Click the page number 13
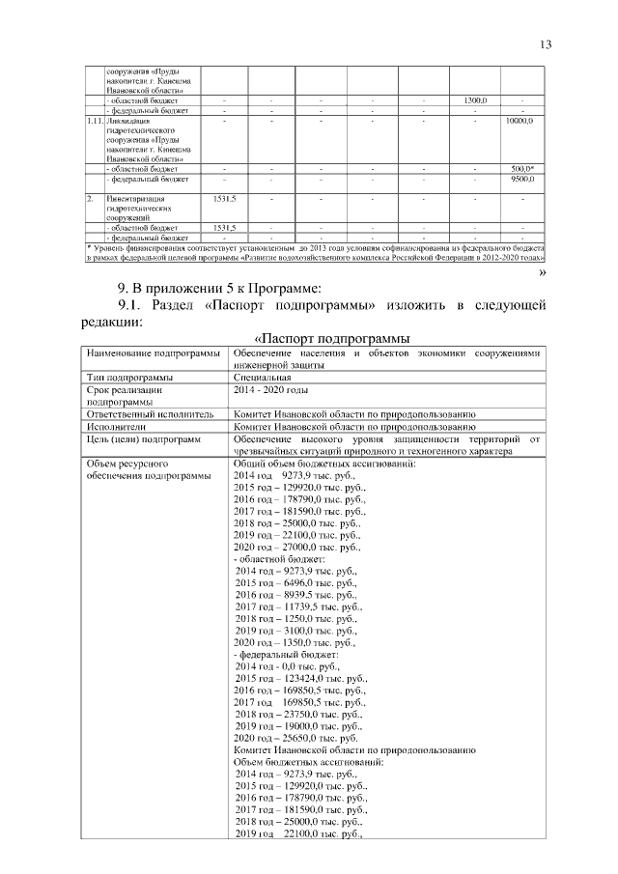[546, 44]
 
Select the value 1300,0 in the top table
[475, 100]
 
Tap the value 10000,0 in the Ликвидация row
[521, 122]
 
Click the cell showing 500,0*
[522, 169]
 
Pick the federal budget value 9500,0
[522, 179]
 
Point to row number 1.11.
[93, 122]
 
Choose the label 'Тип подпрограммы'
[129, 377]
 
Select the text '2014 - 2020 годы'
[271, 389]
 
